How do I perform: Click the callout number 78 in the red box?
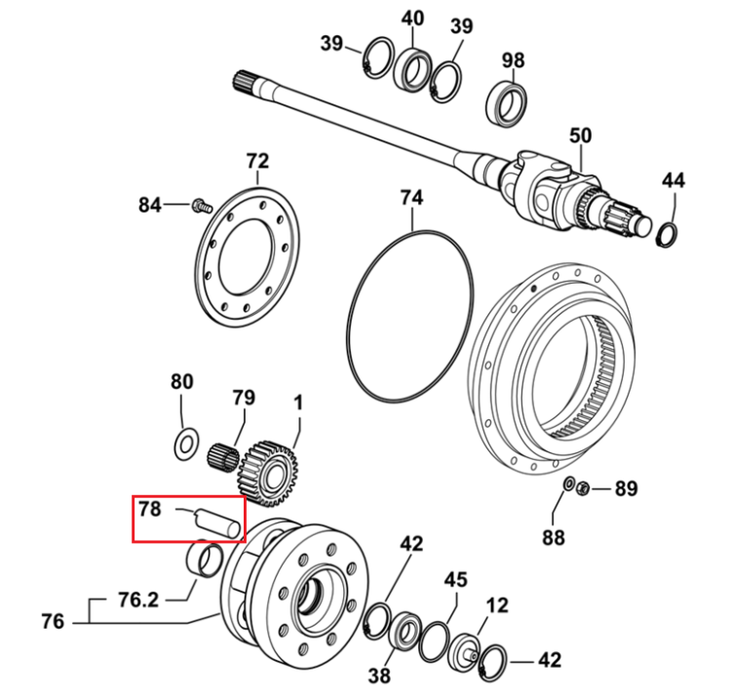(x=150, y=509)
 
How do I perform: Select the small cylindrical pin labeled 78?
(x=217, y=523)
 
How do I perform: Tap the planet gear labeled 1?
(x=267, y=473)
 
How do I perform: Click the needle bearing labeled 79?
(x=222, y=458)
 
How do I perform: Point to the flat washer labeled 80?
(x=186, y=443)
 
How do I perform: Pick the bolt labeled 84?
(x=202, y=206)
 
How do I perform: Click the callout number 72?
(x=258, y=161)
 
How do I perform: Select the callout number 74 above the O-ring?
(x=411, y=198)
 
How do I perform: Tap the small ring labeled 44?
(x=667, y=236)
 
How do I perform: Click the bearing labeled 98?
(x=507, y=104)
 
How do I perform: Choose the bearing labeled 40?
(x=411, y=69)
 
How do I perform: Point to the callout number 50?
(x=581, y=135)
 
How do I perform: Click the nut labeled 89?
(x=582, y=489)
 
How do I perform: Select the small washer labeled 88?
(x=568, y=484)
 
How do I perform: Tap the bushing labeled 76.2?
(x=204, y=559)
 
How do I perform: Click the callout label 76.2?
(x=138, y=599)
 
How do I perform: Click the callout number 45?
(x=455, y=580)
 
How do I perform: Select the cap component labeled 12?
(x=464, y=651)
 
